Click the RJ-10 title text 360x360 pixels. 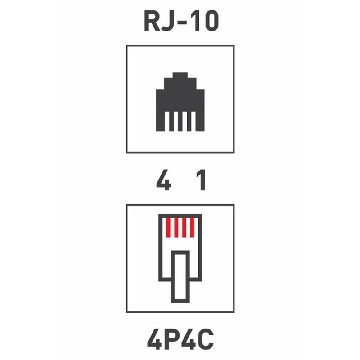[181, 21]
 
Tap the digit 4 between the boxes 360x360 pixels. [163, 180]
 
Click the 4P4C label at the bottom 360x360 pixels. [180, 339]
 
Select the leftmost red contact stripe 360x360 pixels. [168, 228]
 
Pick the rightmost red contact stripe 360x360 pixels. [192, 228]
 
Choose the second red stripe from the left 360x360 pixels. [176, 228]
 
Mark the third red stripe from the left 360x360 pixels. [184, 228]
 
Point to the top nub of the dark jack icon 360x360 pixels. [180, 75]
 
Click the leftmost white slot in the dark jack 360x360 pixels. [167, 121]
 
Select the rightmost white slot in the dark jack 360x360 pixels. [193, 121]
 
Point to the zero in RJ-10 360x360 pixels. [211, 21]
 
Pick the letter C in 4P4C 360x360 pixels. [206, 339]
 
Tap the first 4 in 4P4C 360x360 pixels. [154, 339]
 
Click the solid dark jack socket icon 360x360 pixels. [180, 102]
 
